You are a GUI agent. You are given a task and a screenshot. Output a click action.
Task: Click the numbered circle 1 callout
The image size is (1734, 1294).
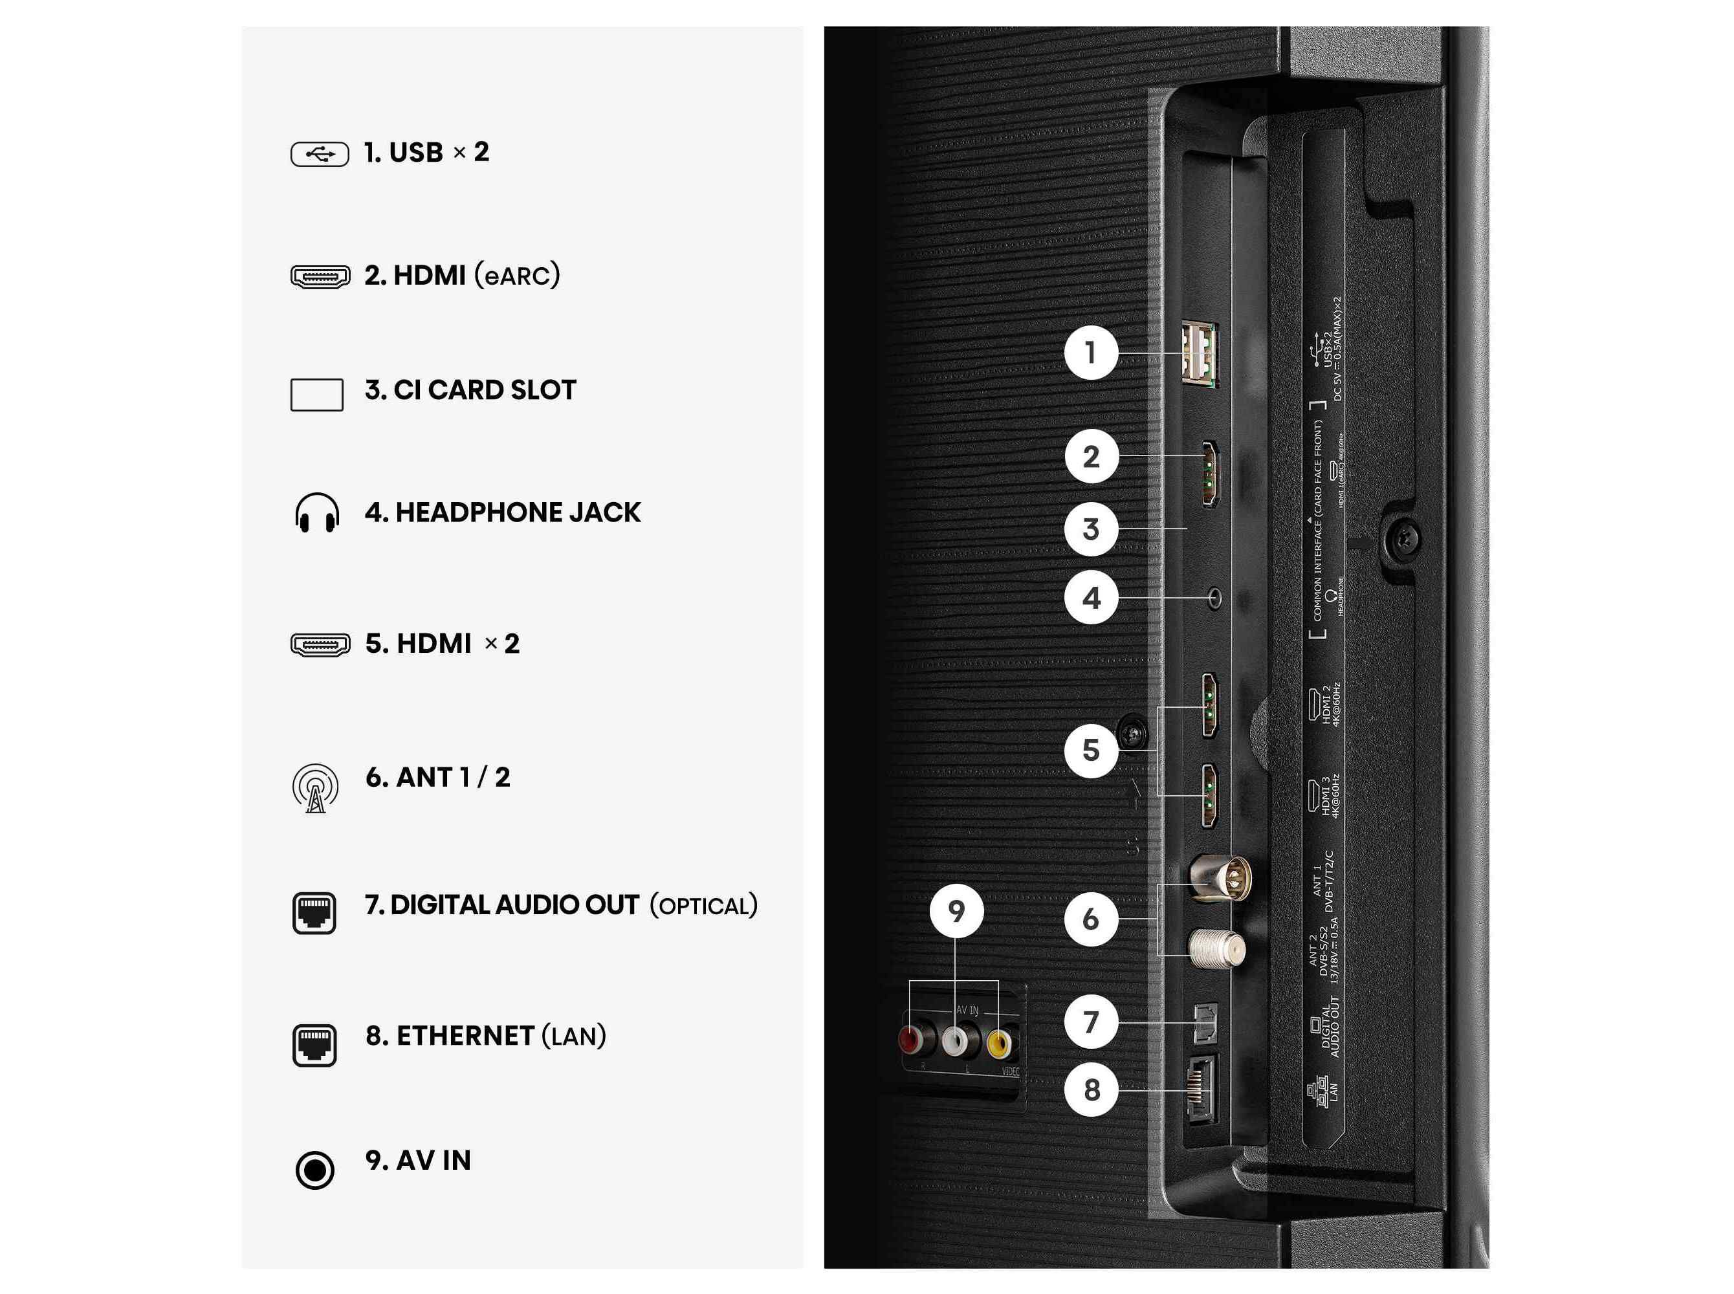click(x=1090, y=353)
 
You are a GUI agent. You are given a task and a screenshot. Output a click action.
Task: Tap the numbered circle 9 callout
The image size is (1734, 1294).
click(x=956, y=911)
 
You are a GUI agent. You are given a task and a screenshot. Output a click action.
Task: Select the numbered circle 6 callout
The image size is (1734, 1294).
click(x=1090, y=919)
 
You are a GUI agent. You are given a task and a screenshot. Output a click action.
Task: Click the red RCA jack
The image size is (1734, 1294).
click(x=911, y=1041)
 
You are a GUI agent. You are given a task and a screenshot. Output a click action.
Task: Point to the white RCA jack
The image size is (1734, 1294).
click(x=955, y=1041)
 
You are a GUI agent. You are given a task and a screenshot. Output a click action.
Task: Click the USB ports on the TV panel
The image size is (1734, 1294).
click(x=1198, y=354)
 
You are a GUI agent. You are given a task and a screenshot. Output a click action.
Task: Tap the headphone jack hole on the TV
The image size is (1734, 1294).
click(x=1214, y=599)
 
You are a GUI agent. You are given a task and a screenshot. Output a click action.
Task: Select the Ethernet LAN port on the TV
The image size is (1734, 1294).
click(x=1201, y=1090)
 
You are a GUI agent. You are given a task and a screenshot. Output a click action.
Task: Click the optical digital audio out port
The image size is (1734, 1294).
click(x=1205, y=1022)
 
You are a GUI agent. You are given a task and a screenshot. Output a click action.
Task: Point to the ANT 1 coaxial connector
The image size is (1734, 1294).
click(x=1220, y=878)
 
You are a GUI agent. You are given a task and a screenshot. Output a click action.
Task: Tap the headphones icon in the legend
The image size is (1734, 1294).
click(x=316, y=513)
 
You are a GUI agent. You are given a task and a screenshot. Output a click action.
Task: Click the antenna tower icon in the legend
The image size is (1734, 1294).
click(x=315, y=787)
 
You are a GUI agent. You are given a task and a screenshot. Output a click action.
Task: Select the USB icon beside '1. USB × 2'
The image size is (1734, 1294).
click(x=319, y=154)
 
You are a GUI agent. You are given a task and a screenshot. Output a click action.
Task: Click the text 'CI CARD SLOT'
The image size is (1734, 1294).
click(x=484, y=390)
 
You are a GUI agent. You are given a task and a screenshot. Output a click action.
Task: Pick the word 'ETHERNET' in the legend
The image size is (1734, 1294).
click(x=465, y=1035)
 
